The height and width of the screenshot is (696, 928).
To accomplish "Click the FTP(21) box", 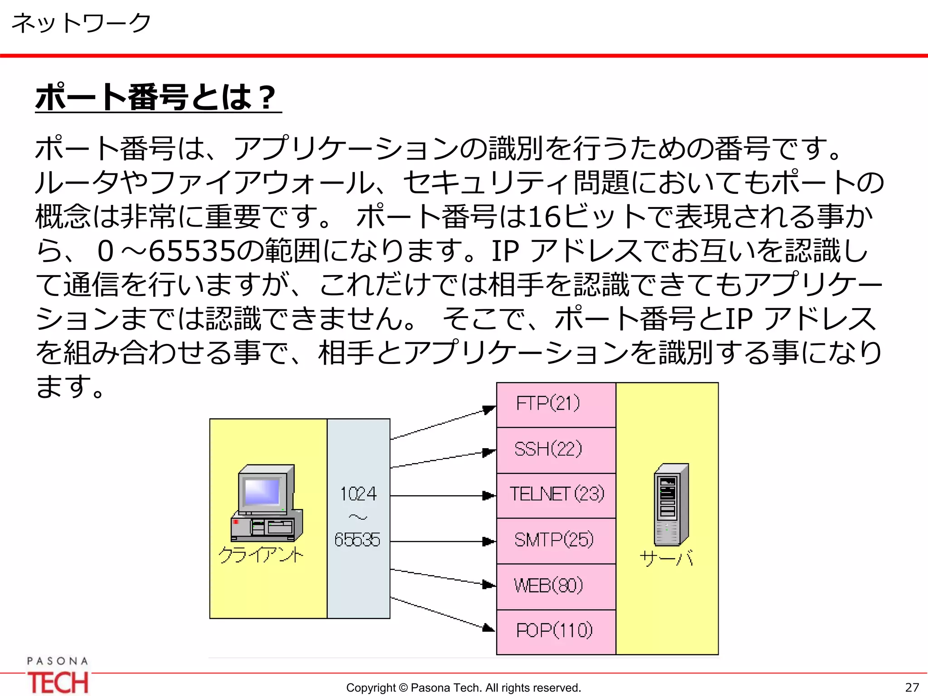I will (x=556, y=404).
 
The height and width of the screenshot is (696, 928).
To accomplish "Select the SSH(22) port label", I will (x=548, y=449).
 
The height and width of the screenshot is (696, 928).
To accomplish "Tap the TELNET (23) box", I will (x=556, y=495).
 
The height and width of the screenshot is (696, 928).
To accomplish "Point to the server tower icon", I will (x=671, y=504).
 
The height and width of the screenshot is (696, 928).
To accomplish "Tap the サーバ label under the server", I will (x=667, y=559).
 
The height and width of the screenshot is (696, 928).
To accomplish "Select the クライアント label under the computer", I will (x=261, y=555).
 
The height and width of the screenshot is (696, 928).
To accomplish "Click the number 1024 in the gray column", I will (x=358, y=494).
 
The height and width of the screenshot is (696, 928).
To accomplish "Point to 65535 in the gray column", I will (x=358, y=540).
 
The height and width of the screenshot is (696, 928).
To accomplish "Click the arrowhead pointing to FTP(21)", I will (x=488, y=410).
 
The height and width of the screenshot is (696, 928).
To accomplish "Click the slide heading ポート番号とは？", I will (x=156, y=97).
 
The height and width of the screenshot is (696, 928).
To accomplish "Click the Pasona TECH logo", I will (x=58, y=676).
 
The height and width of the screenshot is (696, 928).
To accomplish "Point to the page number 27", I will (x=912, y=687).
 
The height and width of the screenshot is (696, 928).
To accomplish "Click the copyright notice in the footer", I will (x=463, y=687).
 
